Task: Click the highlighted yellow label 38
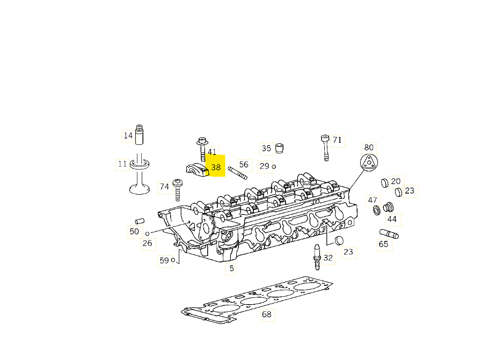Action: point(216,167)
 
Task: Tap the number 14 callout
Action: point(128,136)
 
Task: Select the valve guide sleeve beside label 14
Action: point(139,135)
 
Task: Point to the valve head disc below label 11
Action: point(140,189)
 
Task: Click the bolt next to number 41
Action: point(202,149)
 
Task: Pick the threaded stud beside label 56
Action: point(237,173)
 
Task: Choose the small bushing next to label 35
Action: point(280,148)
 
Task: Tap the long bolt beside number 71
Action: point(325,148)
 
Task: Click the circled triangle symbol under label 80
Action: point(369,163)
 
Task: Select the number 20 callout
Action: point(396,181)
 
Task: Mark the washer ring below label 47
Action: point(376,210)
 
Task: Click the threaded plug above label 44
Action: point(388,207)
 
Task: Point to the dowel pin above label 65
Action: point(389,234)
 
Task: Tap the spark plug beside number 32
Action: point(317,257)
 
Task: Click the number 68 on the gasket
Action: point(267,314)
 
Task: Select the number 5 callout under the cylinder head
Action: point(231,268)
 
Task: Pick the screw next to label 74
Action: point(177,190)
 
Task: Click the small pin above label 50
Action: point(140,221)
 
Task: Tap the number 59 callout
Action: point(164,260)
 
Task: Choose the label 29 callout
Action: point(264,166)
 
